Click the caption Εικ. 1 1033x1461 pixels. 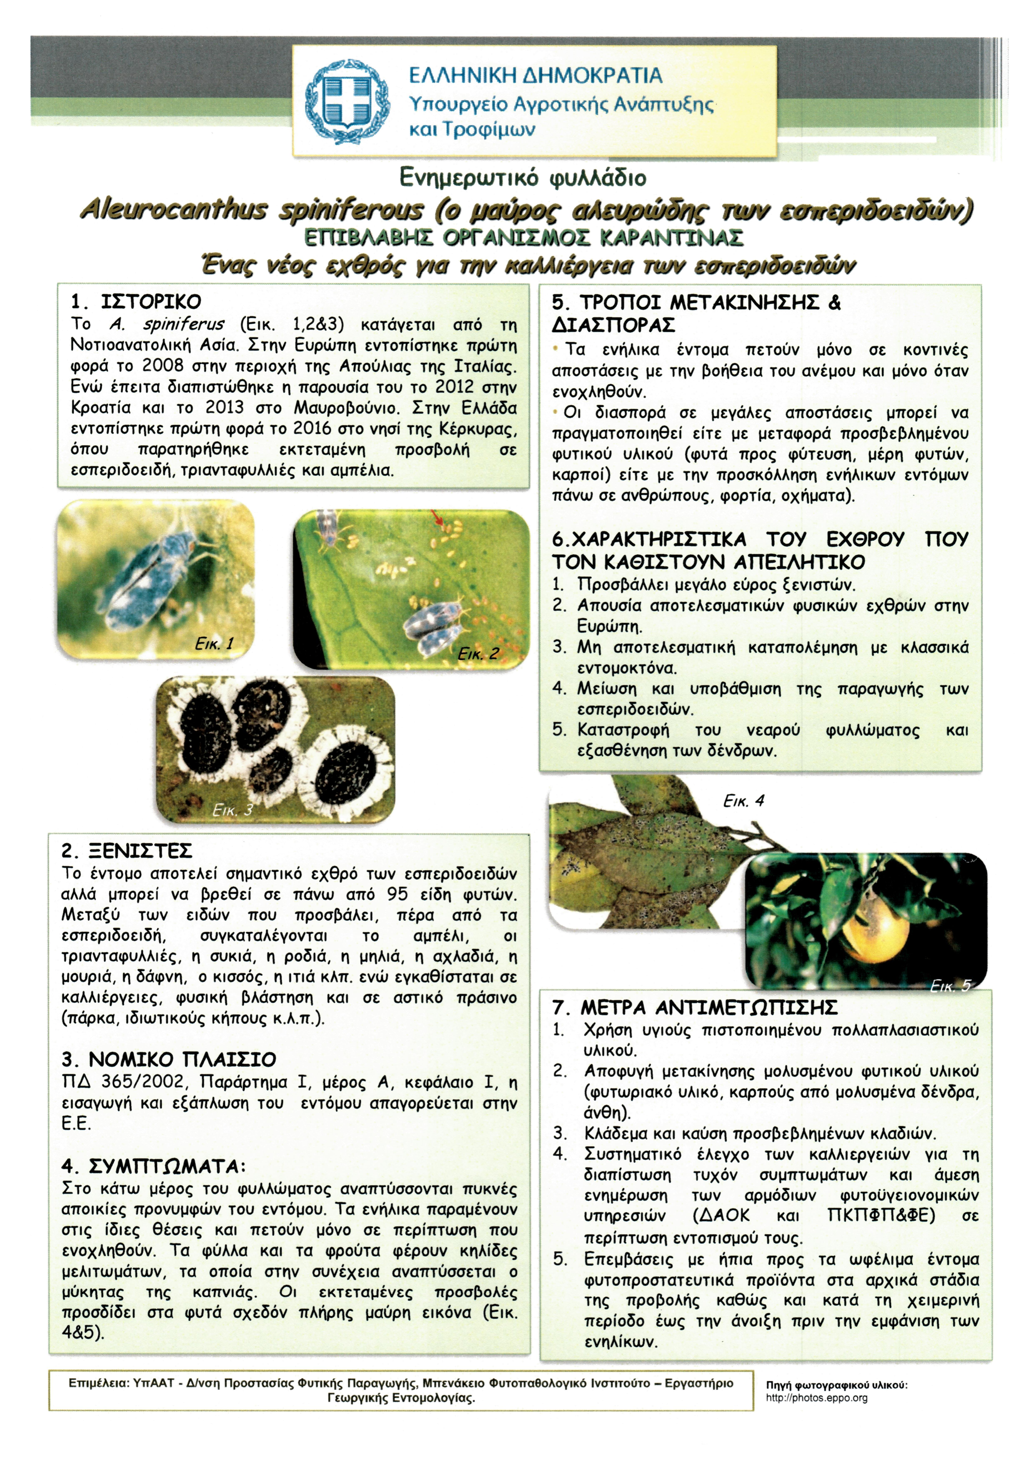click(214, 643)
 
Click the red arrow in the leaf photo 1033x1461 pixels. click(438, 519)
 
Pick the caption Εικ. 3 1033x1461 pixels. click(233, 810)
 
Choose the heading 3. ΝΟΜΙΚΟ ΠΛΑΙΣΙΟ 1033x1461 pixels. click(169, 1059)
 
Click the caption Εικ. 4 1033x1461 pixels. click(744, 800)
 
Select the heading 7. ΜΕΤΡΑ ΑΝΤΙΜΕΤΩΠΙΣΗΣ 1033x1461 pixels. click(695, 1007)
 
